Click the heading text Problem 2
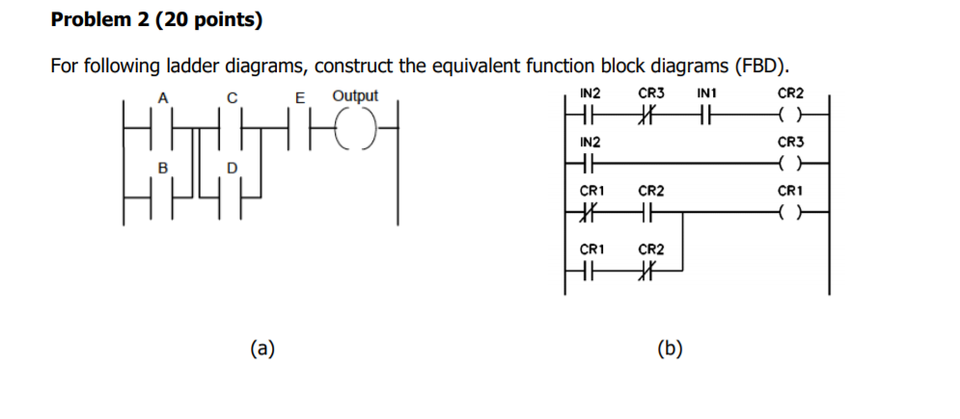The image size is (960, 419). (101, 19)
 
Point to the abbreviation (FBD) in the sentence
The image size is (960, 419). (761, 66)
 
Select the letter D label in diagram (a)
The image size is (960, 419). (231, 169)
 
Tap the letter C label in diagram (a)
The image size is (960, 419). (231, 96)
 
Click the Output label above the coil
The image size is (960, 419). (355, 96)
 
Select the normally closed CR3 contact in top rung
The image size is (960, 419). (650, 114)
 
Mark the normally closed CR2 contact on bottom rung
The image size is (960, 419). (650, 271)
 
